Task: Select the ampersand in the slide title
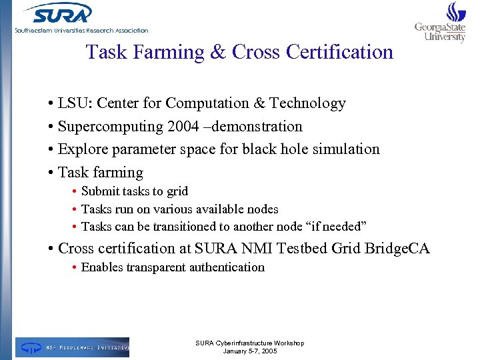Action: [x=218, y=52]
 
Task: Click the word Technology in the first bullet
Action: [x=308, y=103]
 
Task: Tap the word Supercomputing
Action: [x=111, y=127]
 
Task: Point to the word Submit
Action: [x=101, y=191]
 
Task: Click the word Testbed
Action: [x=303, y=249]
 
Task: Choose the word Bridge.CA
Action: [x=397, y=249]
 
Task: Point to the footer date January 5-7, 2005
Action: [x=249, y=351]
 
